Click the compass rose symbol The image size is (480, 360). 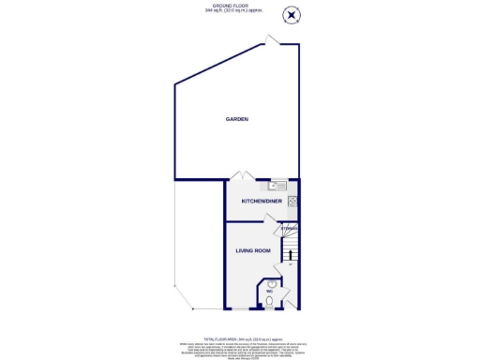pyautogui.click(x=292, y=14)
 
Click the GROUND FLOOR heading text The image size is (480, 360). pyautogui.click(x=239, y=6)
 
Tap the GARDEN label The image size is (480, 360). pyautogui.click(x=236, y=120)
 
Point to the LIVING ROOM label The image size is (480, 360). pyautogui.click(x=252, y=250)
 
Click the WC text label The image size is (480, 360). pyautogui.click(x=268, y=292)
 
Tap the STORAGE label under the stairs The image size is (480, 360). pyautogui.click(x=290, y=228)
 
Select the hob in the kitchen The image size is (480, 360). pyautogui.click(x=293, y=199)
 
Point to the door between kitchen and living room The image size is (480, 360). pyautogui.click(x=270, y=220)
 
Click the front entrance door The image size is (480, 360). pyautogui.click(x=287, y=305)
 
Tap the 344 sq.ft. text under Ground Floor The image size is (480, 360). pyautogui.click(x=239, y=10)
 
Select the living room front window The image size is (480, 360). pyautogui.click(x=246, y=309)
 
